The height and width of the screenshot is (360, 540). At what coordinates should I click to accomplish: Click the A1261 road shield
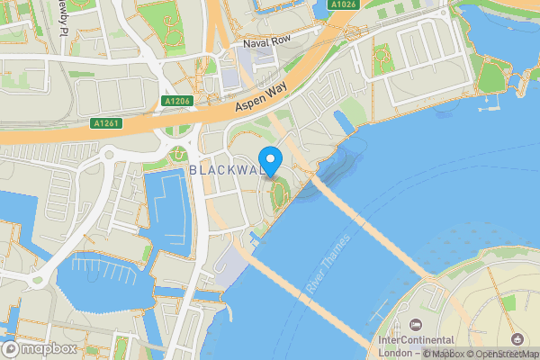click(106, 123)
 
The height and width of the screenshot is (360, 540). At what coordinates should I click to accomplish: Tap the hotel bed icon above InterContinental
click(414, 324)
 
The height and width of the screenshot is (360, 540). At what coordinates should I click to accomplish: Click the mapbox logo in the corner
click(40, 348)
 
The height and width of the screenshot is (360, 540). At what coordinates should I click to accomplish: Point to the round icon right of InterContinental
click(517, 339)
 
